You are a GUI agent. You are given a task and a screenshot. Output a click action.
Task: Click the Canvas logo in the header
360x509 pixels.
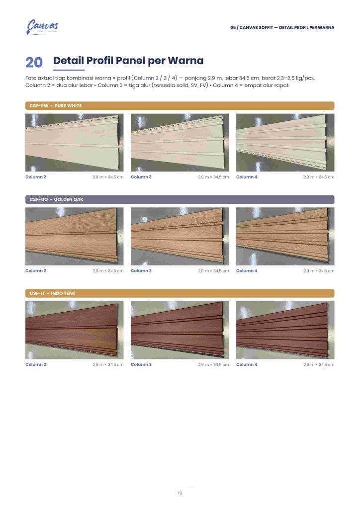pos(42,27)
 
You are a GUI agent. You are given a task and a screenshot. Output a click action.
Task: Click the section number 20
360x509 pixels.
pos(34,63)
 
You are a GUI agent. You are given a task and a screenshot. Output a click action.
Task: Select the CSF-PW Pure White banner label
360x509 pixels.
pos(56,106)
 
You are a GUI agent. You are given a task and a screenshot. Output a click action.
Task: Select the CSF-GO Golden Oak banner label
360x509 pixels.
pos(57,200)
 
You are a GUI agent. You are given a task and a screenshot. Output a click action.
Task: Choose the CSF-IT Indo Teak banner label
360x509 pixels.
pos(52,293)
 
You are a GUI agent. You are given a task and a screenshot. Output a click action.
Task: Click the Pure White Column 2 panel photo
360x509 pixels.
pos(75,143)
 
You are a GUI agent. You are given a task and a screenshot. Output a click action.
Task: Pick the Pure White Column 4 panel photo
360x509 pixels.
pos(285,143)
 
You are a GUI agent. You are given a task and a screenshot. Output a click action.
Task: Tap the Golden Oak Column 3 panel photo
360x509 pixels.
pos(180,236)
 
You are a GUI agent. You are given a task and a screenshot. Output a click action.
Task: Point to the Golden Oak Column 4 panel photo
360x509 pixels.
pos(285,236)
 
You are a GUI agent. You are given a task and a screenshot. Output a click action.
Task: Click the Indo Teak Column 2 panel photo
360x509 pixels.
pos(75,330)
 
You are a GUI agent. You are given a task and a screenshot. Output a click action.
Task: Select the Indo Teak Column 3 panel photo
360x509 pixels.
pos(180,330)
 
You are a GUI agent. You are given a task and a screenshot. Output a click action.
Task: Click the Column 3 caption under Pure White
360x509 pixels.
pos(141,177)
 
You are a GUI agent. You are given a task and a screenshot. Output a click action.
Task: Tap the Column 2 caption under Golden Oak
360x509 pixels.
pos(36,271)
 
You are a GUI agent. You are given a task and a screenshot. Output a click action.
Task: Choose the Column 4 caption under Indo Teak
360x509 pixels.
pos(247,365)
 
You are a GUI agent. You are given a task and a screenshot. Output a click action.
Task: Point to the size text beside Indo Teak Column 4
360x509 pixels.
pos(319,365)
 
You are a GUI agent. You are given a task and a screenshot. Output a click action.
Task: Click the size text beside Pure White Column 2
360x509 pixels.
pos(108,177)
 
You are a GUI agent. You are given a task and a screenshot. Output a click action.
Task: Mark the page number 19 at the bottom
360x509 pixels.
pos(180,493)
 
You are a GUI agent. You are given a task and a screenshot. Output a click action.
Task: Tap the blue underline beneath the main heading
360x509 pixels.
pos(69,70)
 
